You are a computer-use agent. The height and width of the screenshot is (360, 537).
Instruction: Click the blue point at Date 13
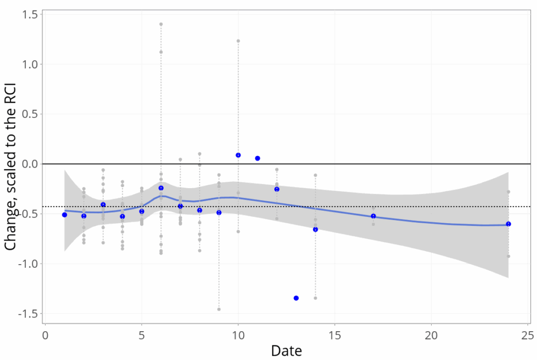pos(296,298)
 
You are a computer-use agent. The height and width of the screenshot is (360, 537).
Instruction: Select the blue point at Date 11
pos(257,158)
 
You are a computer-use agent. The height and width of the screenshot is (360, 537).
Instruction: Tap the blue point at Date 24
pos(508,224)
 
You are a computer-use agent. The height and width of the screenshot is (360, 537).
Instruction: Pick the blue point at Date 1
pos(65,215)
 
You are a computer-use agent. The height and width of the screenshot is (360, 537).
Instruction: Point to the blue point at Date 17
pos(373,216)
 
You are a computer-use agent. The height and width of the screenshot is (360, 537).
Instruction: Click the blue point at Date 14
pos(315,230)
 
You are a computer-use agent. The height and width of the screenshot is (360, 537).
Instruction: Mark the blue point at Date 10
pos(238,155)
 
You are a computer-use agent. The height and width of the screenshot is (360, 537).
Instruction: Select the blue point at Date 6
pos(161,188)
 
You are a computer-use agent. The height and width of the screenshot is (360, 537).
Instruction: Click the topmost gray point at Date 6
pos(161,24)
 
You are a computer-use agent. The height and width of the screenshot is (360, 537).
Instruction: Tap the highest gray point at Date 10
pos(238,41)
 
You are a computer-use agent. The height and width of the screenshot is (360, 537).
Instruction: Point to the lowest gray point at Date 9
pos(219,309)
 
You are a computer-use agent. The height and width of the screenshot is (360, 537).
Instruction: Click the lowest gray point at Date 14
pos(315,298)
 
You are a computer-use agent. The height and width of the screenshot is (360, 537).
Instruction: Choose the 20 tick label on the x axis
pos(432,335)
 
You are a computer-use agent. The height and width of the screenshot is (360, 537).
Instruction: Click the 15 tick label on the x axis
pos(335,335)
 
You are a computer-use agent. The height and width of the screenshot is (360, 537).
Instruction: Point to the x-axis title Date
pos(286,350)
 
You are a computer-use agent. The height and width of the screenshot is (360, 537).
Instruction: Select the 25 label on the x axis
pos(528,335)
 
